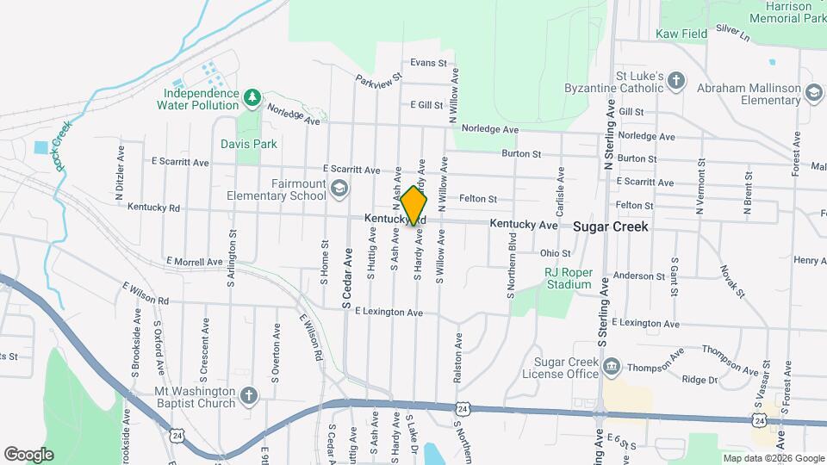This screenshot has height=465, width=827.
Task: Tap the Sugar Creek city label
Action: [x=611, y=226]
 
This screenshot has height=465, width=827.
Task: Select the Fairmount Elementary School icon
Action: [x=339, y=189]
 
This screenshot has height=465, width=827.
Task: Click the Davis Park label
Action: [x=248, y=144]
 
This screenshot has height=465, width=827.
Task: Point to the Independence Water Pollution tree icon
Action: [x=252, y=97]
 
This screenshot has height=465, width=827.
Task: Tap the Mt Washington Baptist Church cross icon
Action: [x=248, y=396]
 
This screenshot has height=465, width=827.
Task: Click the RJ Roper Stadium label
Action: [x=568, y=278]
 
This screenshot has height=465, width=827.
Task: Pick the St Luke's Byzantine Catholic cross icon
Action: [x=676, y=81]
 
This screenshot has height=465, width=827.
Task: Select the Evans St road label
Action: [x=428, y=63]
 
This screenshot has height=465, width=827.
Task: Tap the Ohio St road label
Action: [x=556, y=253]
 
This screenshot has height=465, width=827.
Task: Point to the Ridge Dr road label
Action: [x=700, y=380]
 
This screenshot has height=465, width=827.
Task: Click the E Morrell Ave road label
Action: [x=195, y=261]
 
